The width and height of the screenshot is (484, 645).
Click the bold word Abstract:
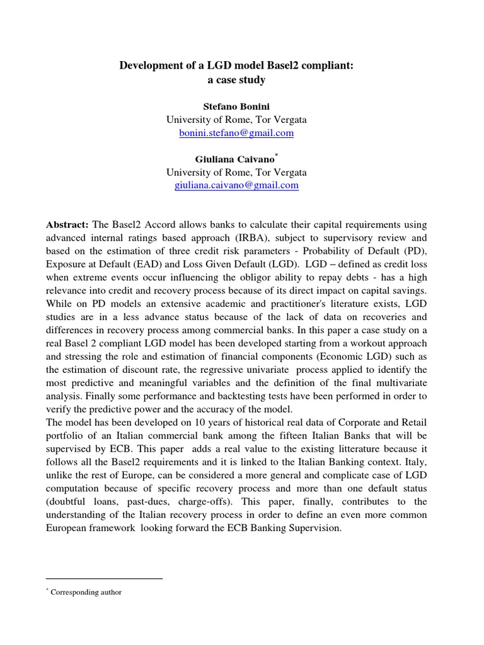pyautogui.click(x=68, y=225)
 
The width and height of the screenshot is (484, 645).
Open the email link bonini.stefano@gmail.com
pyautogui.click(x=236, y=134)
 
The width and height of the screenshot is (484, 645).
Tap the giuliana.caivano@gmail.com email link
pyautogui.click(x=236, y=185)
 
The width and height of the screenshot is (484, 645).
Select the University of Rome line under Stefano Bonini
pyautogui.click(x=236, y=120)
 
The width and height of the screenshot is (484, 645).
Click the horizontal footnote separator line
pyautogui.click(x=105, y=578)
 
